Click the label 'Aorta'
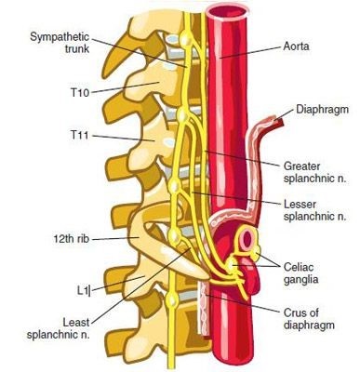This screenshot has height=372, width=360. (296, 46)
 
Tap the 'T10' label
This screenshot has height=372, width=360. (80, 92)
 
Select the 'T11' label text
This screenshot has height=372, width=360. (80, 136)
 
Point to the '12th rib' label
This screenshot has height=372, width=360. (72, 239)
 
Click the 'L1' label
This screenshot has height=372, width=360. (83, 290)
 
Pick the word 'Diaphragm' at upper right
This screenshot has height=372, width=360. (323, 109)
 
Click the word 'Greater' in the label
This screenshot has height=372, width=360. (301, 166)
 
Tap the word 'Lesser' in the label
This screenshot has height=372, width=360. (300, 205)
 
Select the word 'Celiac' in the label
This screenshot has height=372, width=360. (299, 267)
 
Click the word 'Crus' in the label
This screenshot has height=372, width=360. (296, 312)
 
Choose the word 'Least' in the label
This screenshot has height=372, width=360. (76, 323)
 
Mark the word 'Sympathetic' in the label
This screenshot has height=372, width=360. (60, 37)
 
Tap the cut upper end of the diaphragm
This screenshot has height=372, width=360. (277, 122)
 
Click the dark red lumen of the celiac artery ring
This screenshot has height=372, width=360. (247, 239)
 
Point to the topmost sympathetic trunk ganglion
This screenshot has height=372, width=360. (186, 39)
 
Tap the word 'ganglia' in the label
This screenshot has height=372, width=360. (300, 279)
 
